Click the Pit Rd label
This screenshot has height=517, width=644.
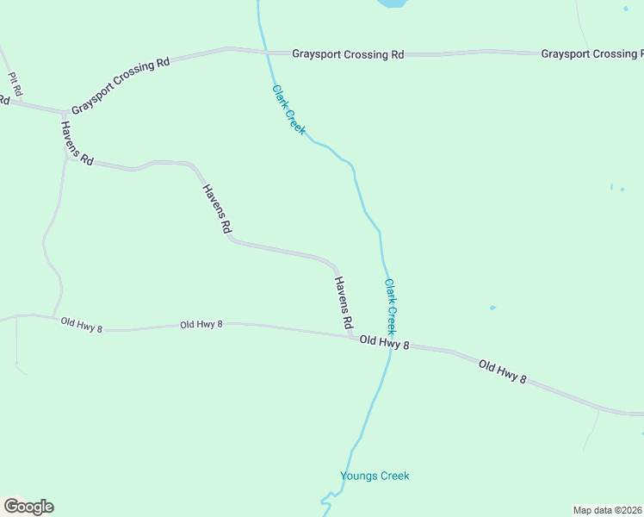[x=14, y=83]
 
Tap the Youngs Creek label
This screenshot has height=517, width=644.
[x=375, y=476]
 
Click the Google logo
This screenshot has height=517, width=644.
[x=28, y=507]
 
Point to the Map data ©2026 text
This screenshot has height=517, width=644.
[x=607, y=510]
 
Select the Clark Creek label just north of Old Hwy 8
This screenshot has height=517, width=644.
[x=391, y=307]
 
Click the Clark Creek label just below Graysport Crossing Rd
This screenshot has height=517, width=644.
[x=288, y=108]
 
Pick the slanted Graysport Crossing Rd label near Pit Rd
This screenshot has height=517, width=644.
[x=121, y=86]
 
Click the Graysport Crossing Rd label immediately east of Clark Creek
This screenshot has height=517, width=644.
[x=348, y=54]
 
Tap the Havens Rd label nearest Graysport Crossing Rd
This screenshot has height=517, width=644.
[x=77, y=142]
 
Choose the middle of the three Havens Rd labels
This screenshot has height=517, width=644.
[x=217, y=209]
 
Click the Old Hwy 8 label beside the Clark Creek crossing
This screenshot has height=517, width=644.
[x=384, y=343]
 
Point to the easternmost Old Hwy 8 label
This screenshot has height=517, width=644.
[x=502, y=371]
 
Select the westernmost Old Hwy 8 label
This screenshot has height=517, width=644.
[x=82, y=324]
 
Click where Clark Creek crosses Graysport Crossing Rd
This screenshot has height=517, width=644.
[x=266, y=52]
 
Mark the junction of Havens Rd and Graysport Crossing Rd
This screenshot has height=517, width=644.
[x=64, y=112]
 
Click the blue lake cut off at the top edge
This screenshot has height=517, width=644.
[x=392, y=3]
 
